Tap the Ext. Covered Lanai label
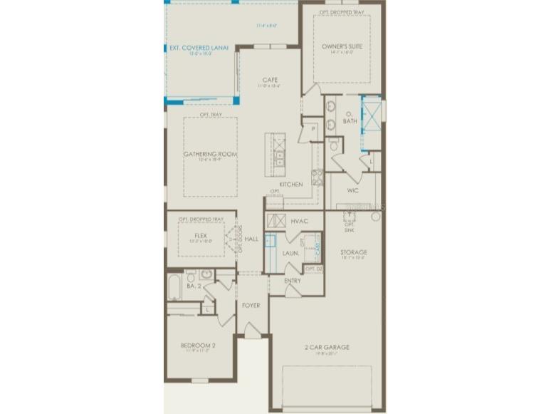pyautogui.click(x=199, y=48)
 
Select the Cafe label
pyautogui.click(x=269, y=80)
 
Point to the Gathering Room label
pyautogui.click(x=210, y=154)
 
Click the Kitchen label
pyautogui.click(x=290, y=185)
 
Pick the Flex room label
pyautogui.click(x=201, y=234)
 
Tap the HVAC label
pyautogui.click(x=299, y=222)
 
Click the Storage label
pyautogui.click(x=353, y=252)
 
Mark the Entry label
pyautogui.click(x=292, y=281)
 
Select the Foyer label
pyautogui.click(x=250, y=306)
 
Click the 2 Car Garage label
pyautogui.click(x=328, y=348)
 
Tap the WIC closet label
pyautogui.click(x=352, y=190)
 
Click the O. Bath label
pyautogui.click(x=350, y=118)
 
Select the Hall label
pyautogui.click(x=251, y=239)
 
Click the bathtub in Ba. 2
pyautogui.click(x=174, y=288)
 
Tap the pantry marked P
pyautogui.click(x=312, y=130)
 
